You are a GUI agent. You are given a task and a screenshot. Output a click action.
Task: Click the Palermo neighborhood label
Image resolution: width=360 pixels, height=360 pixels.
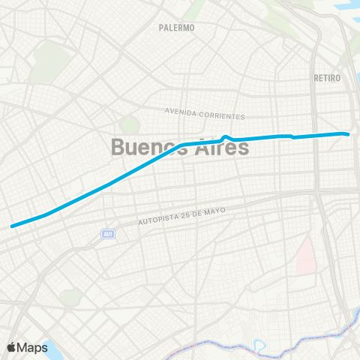[177, 28]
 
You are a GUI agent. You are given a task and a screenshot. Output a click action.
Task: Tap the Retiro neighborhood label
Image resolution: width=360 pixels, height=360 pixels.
[327, 78]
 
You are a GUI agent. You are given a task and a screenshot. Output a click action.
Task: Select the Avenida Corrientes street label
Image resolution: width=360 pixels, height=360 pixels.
[205, 113]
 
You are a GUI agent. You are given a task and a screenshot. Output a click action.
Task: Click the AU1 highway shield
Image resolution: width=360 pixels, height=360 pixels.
[108, 235]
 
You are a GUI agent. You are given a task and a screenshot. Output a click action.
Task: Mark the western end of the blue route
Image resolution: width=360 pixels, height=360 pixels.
[12, 225]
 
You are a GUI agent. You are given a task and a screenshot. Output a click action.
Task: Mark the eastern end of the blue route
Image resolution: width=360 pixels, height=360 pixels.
[349, 134]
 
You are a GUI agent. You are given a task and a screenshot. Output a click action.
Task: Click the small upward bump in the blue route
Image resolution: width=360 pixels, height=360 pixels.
[226, 136]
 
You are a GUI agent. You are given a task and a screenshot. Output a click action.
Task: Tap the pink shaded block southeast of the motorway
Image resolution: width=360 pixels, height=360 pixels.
[304, 256]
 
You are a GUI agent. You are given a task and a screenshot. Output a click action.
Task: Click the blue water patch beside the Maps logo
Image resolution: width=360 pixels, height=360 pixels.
[52, 346]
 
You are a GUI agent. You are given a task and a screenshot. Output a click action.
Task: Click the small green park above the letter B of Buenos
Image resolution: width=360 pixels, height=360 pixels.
[130, 124]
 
